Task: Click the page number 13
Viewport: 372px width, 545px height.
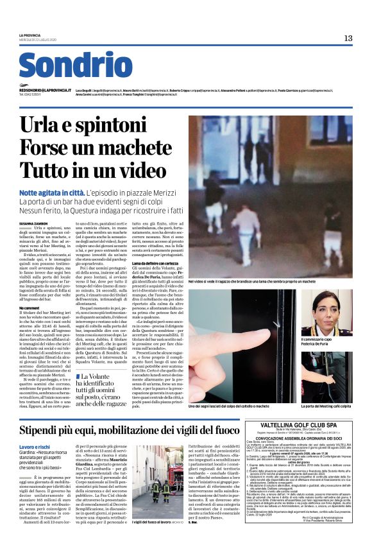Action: pos(348,39)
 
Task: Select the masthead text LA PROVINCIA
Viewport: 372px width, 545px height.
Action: pos(30,35)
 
